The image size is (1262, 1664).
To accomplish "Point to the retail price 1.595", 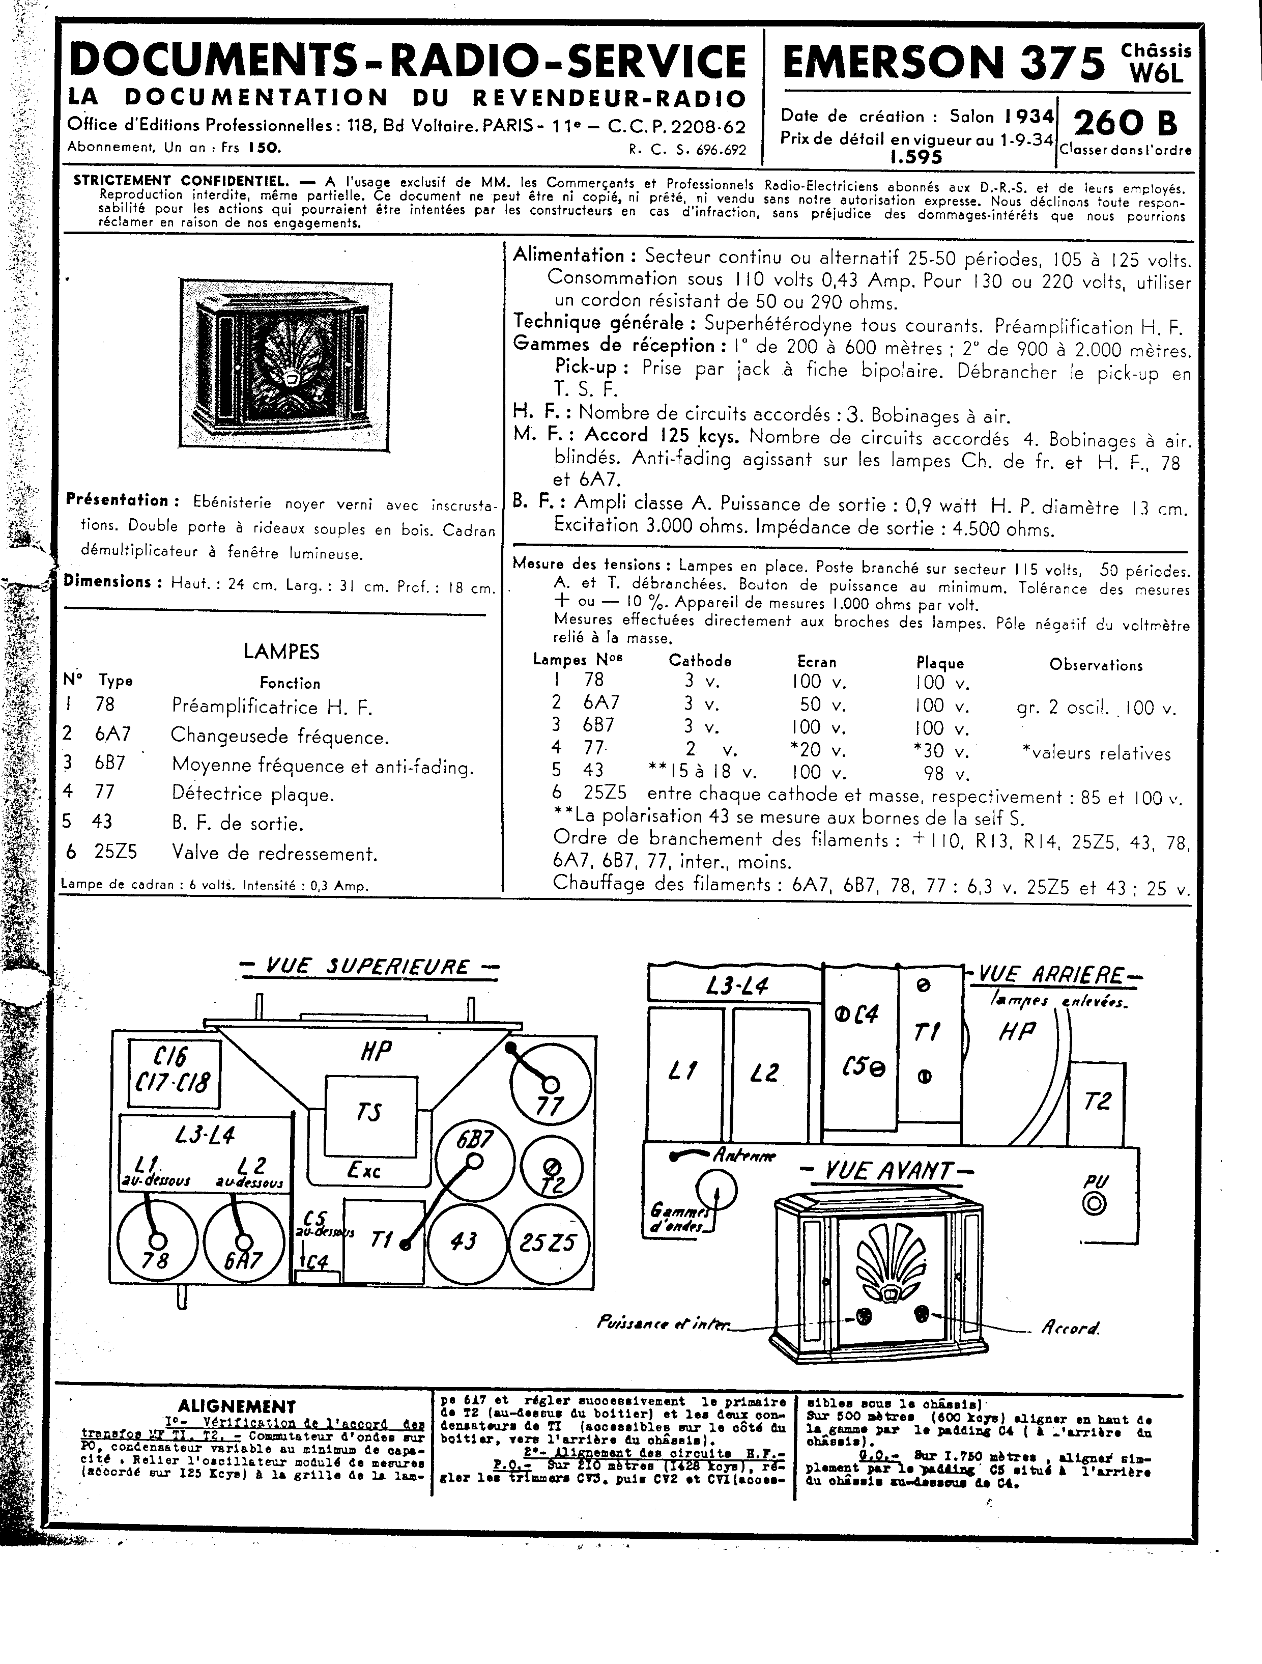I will coord(915,157).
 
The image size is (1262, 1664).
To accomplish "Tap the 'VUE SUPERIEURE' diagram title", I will coord(368,967).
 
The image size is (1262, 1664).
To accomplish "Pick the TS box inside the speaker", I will coord(371,1116).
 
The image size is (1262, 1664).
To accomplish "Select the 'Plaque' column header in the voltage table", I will coord(939,663).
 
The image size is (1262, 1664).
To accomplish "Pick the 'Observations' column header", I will coord(1096,665).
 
